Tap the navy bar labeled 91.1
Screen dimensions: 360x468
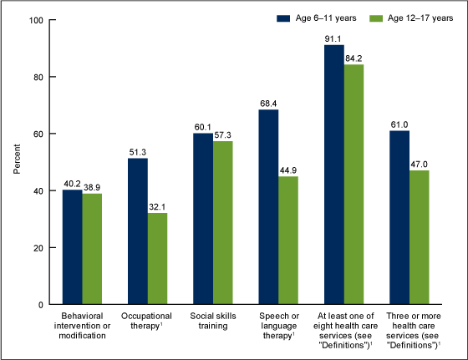click(x=333, y=175)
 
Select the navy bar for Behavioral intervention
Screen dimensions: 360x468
click(x=72, y=247)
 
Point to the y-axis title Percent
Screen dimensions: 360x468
click(x=17, y=162)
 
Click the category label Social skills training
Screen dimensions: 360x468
click(x=212, y=322)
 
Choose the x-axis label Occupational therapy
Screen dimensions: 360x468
click(x=147, y=322)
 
